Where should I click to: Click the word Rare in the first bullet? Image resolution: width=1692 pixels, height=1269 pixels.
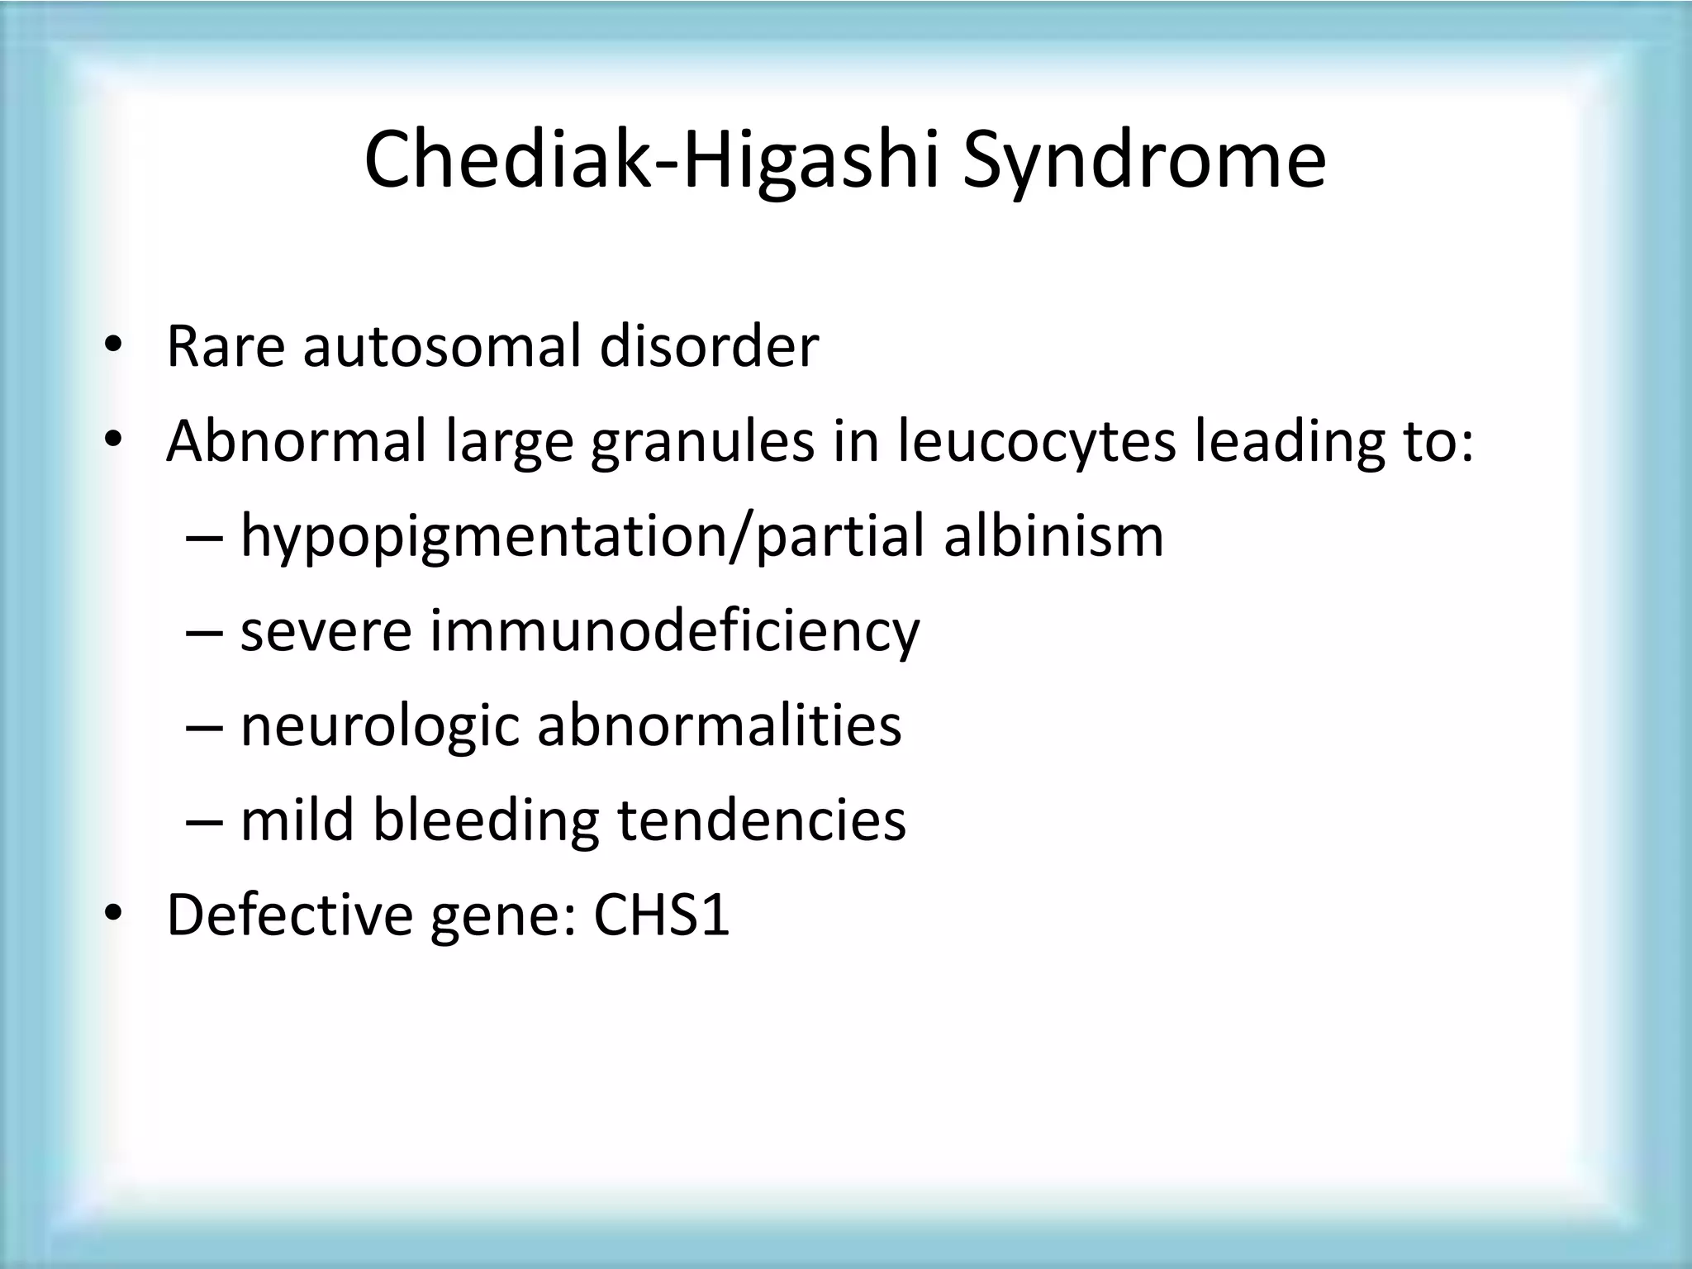225,347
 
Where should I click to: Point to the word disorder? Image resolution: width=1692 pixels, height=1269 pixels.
709,347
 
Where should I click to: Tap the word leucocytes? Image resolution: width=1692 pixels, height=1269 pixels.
1036,443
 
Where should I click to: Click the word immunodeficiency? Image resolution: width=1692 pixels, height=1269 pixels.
674,631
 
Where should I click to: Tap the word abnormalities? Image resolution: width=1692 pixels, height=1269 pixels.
719,725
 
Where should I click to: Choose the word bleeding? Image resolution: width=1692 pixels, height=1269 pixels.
486,821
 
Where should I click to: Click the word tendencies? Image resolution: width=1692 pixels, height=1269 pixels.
762,820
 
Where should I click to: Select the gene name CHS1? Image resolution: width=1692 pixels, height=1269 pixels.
662,915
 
